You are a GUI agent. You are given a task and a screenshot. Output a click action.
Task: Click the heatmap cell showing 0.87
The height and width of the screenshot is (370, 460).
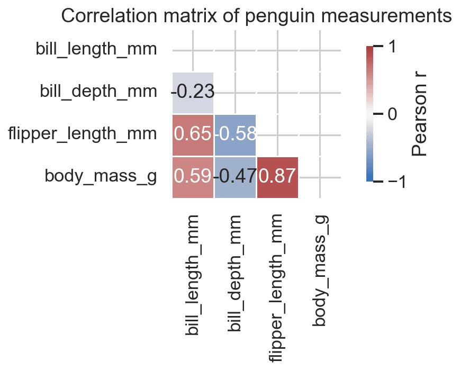pyautogui.click(x=277, y=177)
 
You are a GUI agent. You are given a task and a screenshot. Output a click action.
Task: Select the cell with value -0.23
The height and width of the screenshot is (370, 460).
pyautogui.click(x=193, y=93)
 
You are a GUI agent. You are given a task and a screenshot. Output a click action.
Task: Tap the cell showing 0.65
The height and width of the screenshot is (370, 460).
pyautogui.click(x=193, y=135)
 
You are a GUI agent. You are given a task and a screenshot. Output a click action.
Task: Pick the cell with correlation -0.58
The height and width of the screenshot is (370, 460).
pyautogui.click(x=235, y=135)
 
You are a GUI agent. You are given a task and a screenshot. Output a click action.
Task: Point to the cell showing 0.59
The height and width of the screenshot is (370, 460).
pyautogui.click(x=193, y=177)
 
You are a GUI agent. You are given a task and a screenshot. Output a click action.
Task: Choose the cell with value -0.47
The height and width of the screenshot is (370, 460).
pyautogui.click(x=235, y=177)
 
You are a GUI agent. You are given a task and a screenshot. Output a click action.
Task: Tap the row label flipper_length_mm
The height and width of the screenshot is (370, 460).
pyautogui.click(x=82, y=134)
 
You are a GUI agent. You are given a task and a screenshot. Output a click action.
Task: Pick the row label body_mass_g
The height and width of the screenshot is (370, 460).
pyautogui.click(x=101, y=176)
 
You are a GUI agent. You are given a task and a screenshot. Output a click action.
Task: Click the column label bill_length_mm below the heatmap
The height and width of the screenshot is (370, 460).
pyautogui.click(x=193, y=275)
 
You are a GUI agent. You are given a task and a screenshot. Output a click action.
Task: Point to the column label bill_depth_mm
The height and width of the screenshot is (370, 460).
pyautogui.click(x=236, y=273)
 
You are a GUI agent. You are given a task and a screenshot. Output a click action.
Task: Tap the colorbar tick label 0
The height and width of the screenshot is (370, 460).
pyautogui.click(x=392, y=114)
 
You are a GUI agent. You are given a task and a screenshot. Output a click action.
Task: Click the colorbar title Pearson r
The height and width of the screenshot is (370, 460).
pyautogui.click(x=419, y=114)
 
